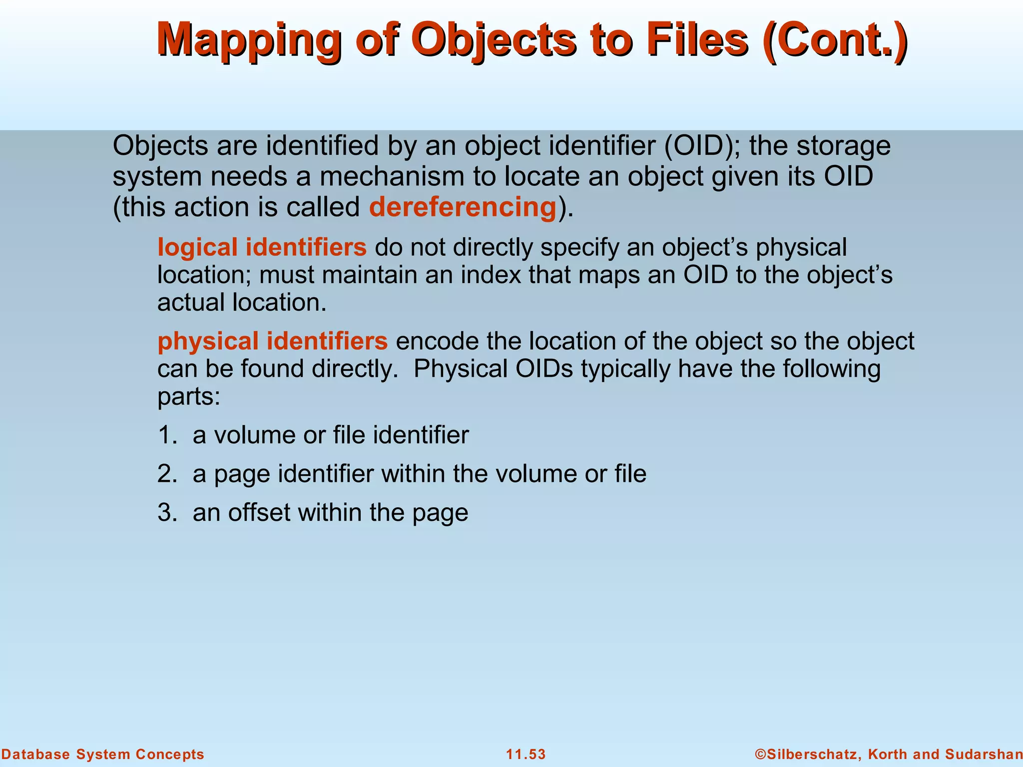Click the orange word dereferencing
pos(463,207)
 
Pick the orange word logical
pos(197,247)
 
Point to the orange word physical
pos(207,341)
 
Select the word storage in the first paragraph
pos(843,146)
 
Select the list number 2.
pos(166,474)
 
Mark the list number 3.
pos(166,513)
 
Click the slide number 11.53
pos(526,754)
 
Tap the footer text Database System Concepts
pos(102,754)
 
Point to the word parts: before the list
pos(189,397)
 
